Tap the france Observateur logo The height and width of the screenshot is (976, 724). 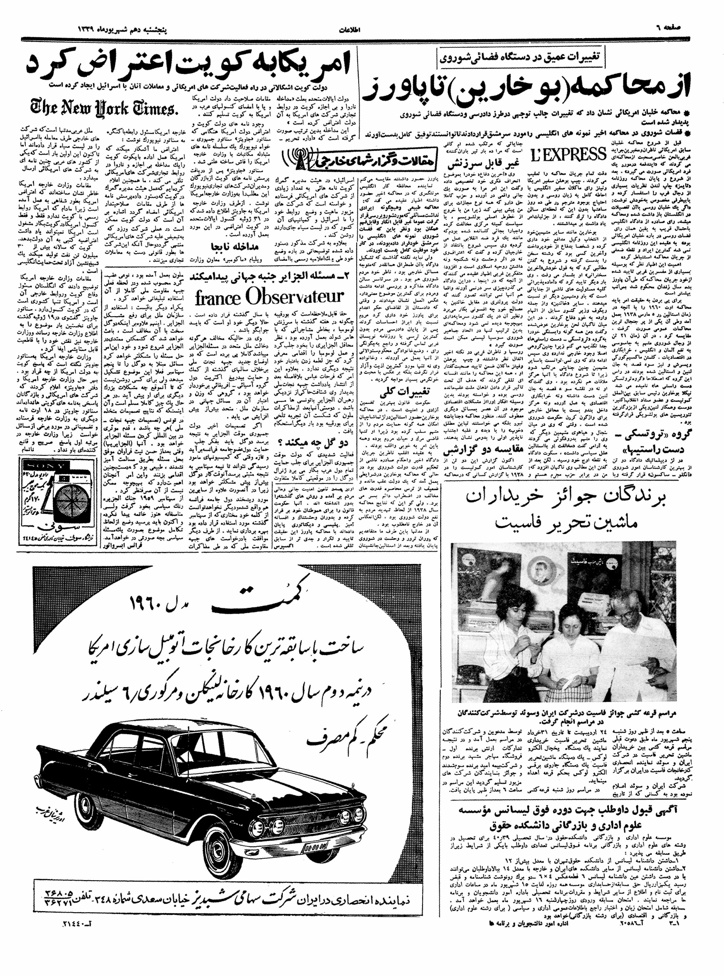click(x=269, y=297)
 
